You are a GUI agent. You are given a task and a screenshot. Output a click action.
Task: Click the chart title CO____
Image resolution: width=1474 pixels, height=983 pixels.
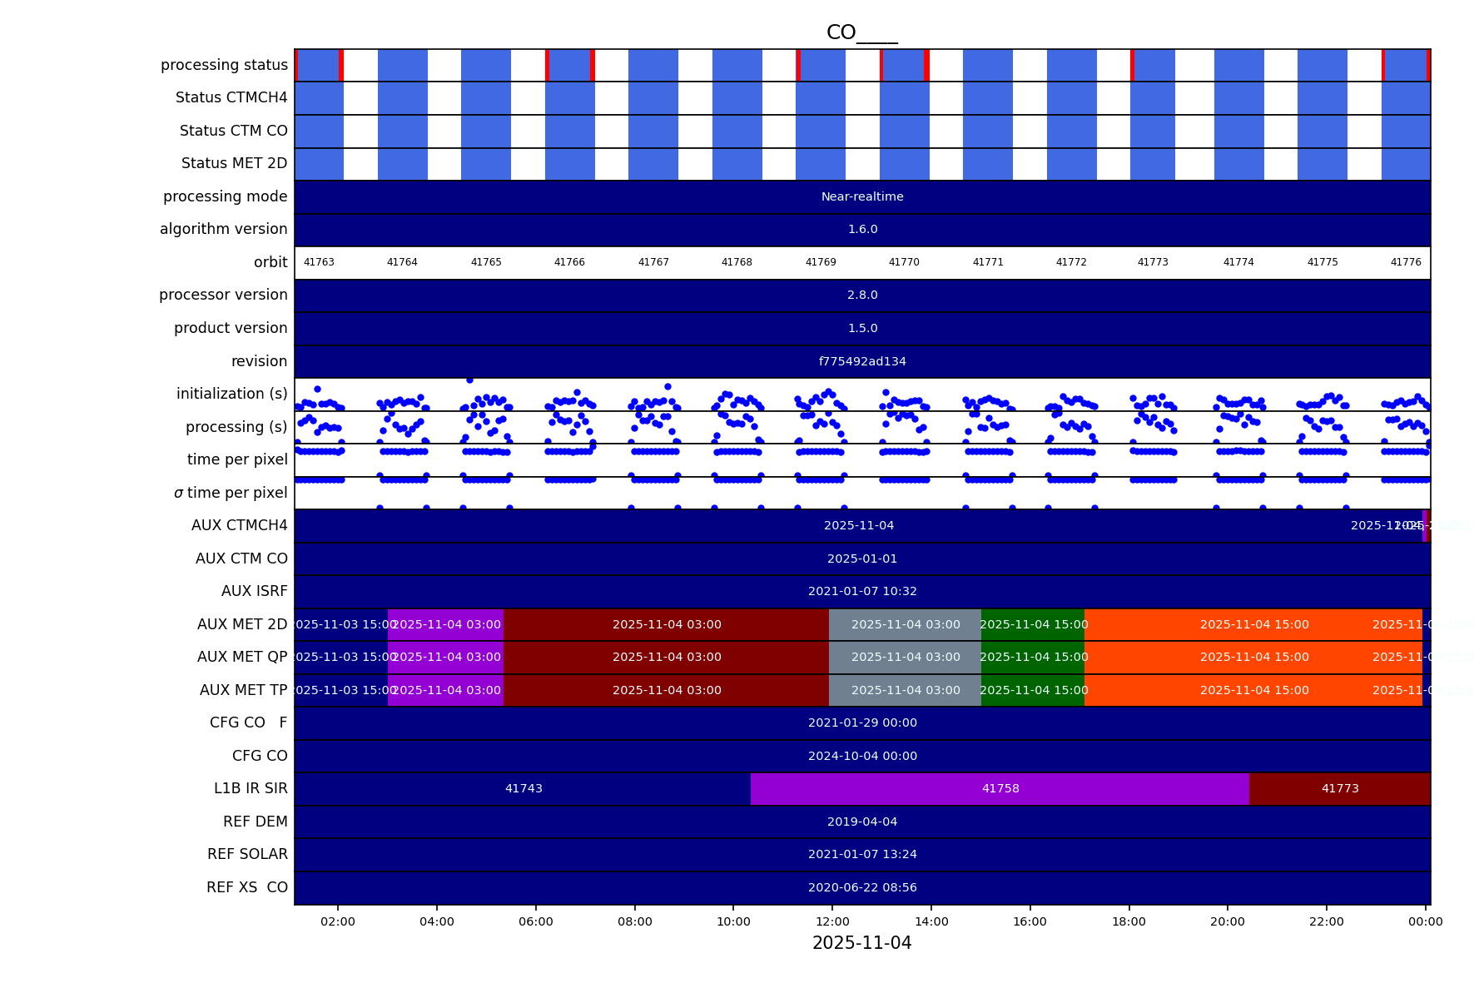pyautogui.click(x=861, y=32)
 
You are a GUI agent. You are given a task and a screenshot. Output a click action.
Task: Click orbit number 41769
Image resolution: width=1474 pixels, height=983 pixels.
pyautogui.click(x=821, y=262)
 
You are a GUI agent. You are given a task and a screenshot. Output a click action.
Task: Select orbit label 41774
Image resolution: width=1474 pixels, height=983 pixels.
pyautogui.click(x=1238, y=262)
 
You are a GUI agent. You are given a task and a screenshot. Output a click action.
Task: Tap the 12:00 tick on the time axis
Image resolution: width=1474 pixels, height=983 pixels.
pyautogui.click(x=832, y=921)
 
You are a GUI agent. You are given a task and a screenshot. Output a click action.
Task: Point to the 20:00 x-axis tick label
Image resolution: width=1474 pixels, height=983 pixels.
pyautogui.click(x=1228, y=921)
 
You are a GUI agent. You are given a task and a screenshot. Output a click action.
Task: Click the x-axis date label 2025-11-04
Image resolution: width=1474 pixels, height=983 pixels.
pyautogui.click(x=861, y=943)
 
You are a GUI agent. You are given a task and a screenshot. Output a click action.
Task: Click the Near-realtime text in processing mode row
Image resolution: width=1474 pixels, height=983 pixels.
pyautogui.click(x=862, y=196)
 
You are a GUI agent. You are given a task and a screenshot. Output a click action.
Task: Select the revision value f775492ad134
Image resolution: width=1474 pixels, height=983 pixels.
pyautogui.click(x=862, y=361)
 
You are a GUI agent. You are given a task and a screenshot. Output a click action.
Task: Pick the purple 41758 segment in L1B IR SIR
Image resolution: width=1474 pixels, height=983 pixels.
pyautogui.click(x=1000, y=788)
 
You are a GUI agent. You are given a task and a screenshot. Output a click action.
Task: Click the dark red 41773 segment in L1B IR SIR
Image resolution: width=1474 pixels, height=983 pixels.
pyautogui.click(x=1340, y=788)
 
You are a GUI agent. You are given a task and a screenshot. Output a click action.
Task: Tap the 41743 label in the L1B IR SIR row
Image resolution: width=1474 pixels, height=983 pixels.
pyautogui.click(x=524, y=788)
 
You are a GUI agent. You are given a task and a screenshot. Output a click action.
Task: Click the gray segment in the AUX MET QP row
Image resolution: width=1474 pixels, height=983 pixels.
pyautogui.click(x=905, y=657)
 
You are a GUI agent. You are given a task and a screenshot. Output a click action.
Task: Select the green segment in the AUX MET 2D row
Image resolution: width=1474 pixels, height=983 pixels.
pyautogui.click(x=1033, y=624)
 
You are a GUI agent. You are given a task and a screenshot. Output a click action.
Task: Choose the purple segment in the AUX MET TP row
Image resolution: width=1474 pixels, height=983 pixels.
pyautogui.click(x=446, y=690)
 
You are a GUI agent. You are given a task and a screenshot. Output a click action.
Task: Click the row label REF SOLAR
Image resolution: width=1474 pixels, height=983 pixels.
pyautogui.click(x=247, y=854)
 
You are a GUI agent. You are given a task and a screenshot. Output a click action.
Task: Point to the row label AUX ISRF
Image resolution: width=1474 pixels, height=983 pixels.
pyautogui.click(x=254, y=591)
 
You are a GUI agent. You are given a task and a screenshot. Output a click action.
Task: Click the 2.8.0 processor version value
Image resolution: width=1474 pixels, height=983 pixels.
pyautogui.click(x=862, y=295)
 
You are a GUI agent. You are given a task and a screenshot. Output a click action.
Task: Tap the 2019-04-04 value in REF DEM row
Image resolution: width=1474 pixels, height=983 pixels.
pyautogui.click(x=862, y=822)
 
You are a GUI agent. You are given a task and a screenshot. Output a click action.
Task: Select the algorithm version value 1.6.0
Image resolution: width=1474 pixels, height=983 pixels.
pyautogui.click(x=862, y=229)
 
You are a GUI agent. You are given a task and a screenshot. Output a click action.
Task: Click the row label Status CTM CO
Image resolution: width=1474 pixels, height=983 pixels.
pyautogui.click(x=233, y=131)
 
